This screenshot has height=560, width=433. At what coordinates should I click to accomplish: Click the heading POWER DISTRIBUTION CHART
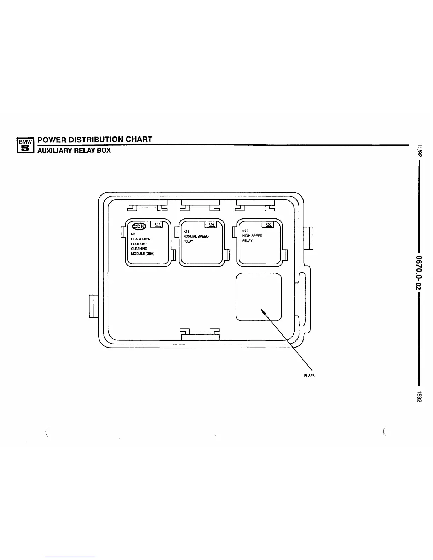coord(95,139)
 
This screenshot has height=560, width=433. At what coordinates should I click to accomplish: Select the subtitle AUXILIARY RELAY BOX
coord(74,150)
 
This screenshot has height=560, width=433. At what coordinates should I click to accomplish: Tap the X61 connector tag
coord(157,224)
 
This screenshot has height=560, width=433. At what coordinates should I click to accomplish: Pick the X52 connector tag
coord(211,224)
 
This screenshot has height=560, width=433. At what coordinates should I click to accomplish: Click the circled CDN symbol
coord(139,226)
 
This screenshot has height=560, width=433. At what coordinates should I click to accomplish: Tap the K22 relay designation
coord(245,231)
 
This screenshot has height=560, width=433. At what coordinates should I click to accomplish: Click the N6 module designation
coord(133,234)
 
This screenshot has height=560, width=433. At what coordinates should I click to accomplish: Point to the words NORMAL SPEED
coord(196,236)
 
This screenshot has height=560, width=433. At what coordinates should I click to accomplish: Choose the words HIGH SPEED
coord(252,236)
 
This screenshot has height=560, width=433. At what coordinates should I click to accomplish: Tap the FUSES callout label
coord(309,376)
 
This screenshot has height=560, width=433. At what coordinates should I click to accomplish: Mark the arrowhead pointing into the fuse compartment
coord(262,310)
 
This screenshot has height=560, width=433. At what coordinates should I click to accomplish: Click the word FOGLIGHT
coord(139,244)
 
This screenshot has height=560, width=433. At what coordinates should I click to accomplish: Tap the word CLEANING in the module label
coord(139,249)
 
